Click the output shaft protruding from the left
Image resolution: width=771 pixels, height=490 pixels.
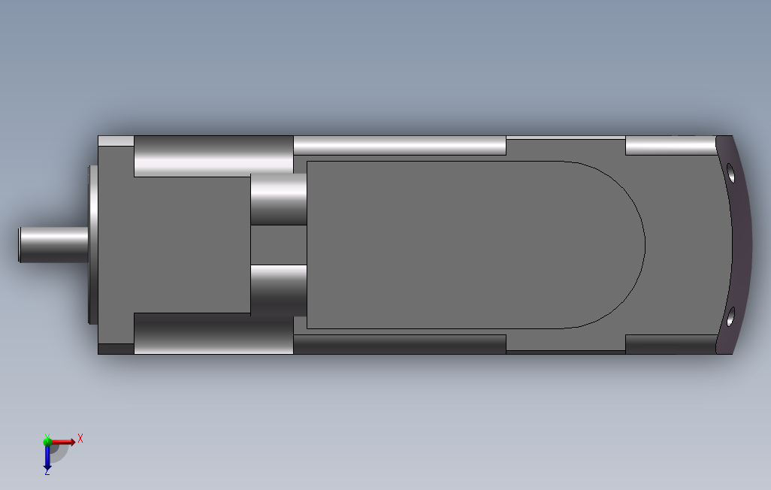click(53, 245)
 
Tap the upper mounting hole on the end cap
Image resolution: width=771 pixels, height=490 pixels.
click(730, 174)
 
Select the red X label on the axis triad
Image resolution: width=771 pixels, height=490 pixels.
click(80, 438)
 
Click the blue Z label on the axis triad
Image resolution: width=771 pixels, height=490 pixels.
click(47, 471)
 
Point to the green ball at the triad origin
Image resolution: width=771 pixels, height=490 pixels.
click(47, 442)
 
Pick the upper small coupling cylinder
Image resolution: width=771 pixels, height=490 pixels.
click(278, 199)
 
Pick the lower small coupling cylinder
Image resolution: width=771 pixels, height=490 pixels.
click(278, 289)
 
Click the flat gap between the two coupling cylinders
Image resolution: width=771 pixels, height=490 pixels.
click(278, 244)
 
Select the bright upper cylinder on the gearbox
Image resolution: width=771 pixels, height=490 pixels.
click(213, 156)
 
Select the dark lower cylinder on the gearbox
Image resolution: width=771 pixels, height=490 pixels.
click(213, 334)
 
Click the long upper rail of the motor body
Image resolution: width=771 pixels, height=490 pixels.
click(399, 146)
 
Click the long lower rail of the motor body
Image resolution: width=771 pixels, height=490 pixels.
click(399, 344)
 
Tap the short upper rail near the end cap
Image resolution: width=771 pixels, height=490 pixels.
click(670, 146)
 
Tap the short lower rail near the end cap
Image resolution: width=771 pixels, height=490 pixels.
click(670, 344)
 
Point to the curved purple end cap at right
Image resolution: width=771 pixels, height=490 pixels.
click(740, 244)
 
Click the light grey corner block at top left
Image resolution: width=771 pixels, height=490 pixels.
click(116, 141)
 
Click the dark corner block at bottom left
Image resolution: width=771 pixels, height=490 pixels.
click(116, 349)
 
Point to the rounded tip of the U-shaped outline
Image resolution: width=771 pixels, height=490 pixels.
click(644, 245)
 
